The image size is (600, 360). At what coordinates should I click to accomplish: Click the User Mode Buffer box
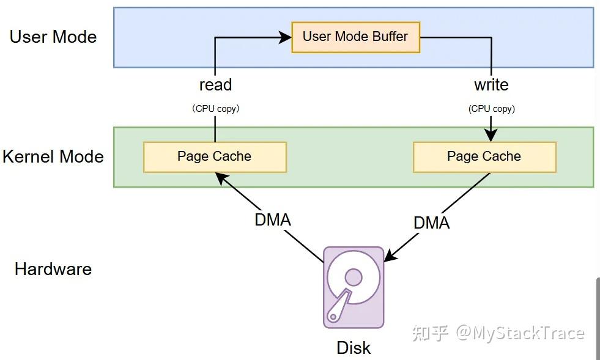tap(355, 37)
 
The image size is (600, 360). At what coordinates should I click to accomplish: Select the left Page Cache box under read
tap(215, 156)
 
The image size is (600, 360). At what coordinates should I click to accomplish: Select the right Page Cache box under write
tap(484, 156)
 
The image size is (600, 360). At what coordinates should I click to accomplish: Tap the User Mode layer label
tap(53, 37)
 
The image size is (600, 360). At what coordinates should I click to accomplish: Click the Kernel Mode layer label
tap(53, 156)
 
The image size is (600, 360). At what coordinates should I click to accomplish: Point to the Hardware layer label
tap(53, 269)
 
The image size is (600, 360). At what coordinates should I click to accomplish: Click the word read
tap(215, 84)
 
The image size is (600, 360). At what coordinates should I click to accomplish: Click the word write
tap(491, 84)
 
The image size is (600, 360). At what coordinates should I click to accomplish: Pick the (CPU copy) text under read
tap(215, 109)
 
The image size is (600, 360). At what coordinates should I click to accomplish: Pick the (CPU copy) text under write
tap(492, 109)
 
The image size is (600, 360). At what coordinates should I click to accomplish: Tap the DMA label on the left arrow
tap(273, 219)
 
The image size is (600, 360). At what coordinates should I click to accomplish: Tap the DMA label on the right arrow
tap(432, 223)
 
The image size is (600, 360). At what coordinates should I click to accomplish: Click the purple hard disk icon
tap(354, 287)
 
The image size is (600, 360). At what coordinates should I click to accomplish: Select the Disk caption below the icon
tap(354, 348)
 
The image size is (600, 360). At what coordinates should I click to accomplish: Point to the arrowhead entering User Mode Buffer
tap(286, 37)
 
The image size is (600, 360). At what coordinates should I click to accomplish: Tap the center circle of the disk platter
tap(354, 277)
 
